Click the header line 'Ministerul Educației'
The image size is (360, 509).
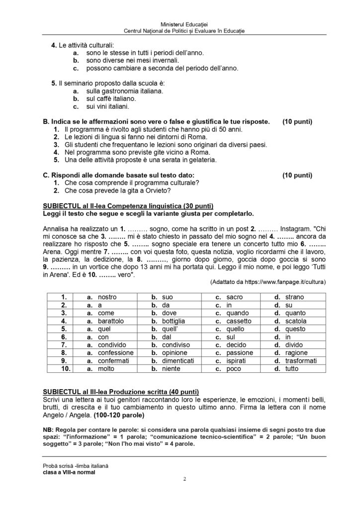click(180, 24)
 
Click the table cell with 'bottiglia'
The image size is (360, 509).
click(172, 321)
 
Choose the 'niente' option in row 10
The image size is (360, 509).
click(171, 369)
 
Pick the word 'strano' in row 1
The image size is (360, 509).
click(295, 297)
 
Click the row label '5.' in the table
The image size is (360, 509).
click(64, 329)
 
